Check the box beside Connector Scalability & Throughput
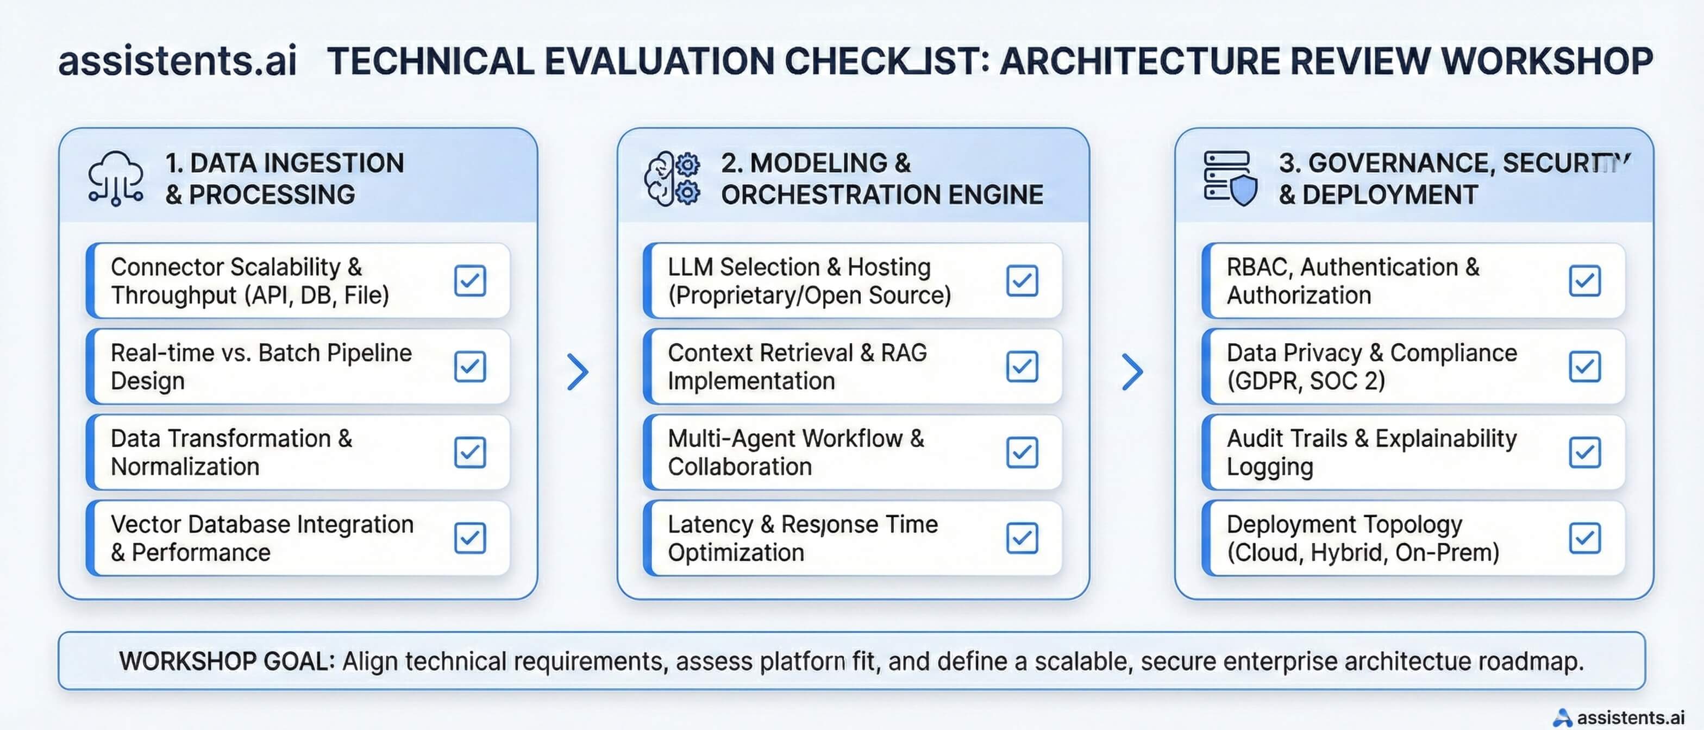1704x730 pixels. (469, 280)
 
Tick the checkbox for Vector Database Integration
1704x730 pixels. (469, 538)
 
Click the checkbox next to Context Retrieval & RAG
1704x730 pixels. (1022, 366)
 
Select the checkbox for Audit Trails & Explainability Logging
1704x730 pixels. (1584, 452)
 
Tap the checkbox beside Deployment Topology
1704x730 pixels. (1584, 538)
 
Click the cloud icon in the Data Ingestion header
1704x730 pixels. (116, 178)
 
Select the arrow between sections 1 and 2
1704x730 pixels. (578, 372)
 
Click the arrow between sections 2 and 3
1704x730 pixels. (1132, 372)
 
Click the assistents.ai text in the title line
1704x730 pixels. (177, 61)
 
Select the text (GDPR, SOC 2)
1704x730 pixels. (1305, 381)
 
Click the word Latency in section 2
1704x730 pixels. (710, 524)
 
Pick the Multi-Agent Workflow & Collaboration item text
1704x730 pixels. (795, 452)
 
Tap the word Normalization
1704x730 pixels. (185, 467)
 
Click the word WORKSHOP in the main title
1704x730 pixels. (1546, 61)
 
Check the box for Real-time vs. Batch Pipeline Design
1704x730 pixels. (469, 366)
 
